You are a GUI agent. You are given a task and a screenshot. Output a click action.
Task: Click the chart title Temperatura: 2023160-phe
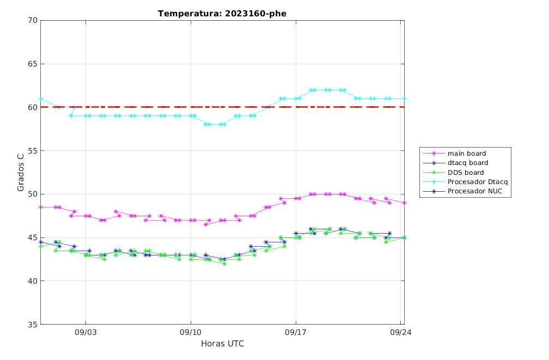(222, 14)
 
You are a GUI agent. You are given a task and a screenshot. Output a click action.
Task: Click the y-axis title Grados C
(21, 172)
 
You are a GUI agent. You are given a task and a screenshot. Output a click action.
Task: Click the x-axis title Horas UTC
(222, 344)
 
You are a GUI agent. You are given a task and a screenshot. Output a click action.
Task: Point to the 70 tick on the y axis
(33, 20)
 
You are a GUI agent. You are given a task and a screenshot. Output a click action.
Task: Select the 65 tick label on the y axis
(33, 64)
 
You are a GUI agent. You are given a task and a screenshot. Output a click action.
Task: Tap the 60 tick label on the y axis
(33, 107)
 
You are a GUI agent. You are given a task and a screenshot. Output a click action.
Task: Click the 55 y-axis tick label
(33, 150)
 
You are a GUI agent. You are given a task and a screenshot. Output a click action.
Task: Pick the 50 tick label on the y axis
(33, 194)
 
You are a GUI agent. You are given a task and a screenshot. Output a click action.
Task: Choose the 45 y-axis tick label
(33, 237)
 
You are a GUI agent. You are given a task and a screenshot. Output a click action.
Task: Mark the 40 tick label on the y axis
(33, 281)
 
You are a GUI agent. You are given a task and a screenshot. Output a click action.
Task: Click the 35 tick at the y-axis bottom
(33, 325)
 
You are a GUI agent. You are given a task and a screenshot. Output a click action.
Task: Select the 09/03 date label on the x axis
(86, 332)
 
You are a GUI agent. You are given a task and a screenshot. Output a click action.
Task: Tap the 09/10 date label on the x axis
(191, 332)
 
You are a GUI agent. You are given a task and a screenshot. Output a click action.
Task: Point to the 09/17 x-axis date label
(296, 332)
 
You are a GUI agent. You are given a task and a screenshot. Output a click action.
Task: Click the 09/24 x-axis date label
(401, 332)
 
